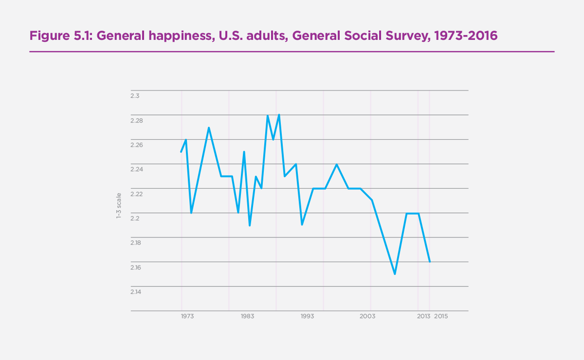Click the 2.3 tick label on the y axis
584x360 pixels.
pos(135,96)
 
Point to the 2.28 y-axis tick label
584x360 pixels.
pos(137,120)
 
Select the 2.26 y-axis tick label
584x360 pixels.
pos(137,145)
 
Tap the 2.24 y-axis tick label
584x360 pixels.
pos(137,169)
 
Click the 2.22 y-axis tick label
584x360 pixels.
pos(137,194)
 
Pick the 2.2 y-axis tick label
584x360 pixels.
pos(135,218)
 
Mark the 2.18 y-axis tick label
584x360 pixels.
pos(137,243)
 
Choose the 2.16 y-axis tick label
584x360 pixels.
pos(137,268)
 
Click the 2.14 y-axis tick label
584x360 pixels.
pos(137,292)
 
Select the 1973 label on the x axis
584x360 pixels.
pos(187,317)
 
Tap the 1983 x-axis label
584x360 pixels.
pos(247,317)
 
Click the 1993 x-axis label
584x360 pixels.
pos(307,317)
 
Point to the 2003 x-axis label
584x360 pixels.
pos(367,317)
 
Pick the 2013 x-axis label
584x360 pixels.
pos(423,317)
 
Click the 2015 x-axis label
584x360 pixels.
pos(440,317)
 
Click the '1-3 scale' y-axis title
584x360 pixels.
pos(118,205)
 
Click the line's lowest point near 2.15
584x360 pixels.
pos(395,274)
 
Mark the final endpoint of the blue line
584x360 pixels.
pos(430,262)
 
